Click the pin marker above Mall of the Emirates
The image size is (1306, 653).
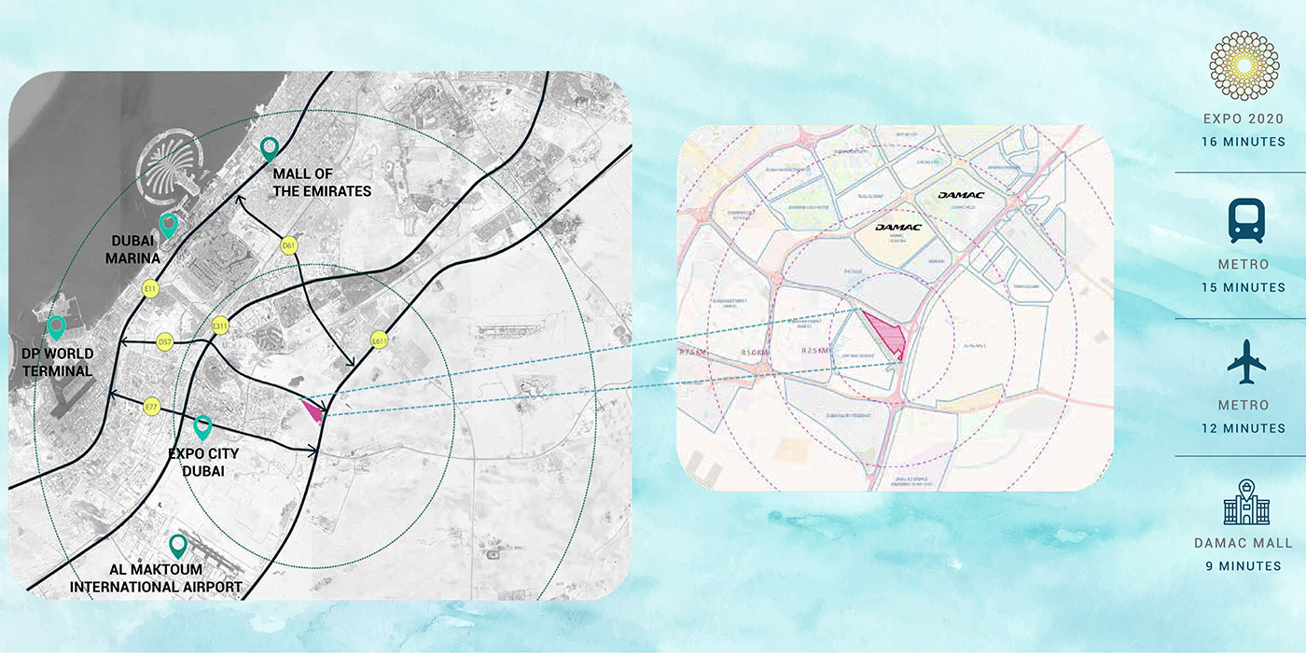(x=270, y=146)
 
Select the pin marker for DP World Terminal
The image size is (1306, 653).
(x=56, y=327)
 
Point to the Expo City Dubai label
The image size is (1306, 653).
(x=203, y=462)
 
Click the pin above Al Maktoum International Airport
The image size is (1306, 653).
(x=177, y=546)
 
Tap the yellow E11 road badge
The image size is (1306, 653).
(x=149, y=290)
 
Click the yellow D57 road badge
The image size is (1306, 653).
(x=166, y=342)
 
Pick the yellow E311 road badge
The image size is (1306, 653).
(x=221, y=326)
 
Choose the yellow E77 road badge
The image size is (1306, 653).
(x=152, y=407)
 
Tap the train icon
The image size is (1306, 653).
(x=1245, y=222)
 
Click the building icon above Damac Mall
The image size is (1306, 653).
(x=1243, y=503)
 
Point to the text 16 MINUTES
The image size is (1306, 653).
(x=1243, y=142)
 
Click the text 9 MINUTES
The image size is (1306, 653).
(x=1243, y=565)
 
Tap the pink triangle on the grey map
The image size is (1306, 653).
(x=314, y=410)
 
